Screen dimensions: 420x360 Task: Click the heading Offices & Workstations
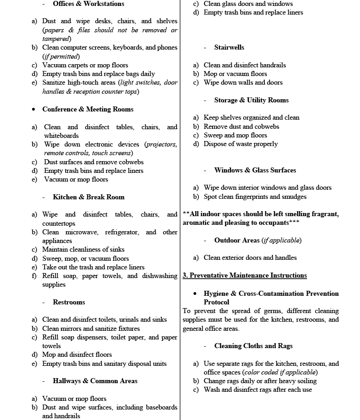[88, 4]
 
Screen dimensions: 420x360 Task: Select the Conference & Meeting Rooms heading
[88, 109]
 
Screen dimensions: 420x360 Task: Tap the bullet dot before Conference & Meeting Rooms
[34, 110]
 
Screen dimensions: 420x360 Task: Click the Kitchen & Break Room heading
[88, 197]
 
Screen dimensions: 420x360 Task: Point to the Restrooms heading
[69, 302]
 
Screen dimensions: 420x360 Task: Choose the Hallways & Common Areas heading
[95, 381]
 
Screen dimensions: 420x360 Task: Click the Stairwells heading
[229, 47]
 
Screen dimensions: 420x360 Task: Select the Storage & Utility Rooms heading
[251, 100]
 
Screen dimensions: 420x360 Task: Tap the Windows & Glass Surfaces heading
[255, 170]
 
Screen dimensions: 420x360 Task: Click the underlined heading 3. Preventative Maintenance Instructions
[244, 275]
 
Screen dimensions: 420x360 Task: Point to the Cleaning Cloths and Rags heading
[254, 346]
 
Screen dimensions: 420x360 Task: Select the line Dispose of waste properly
[240, 144]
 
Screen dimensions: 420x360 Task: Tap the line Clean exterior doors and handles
[250, 258]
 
